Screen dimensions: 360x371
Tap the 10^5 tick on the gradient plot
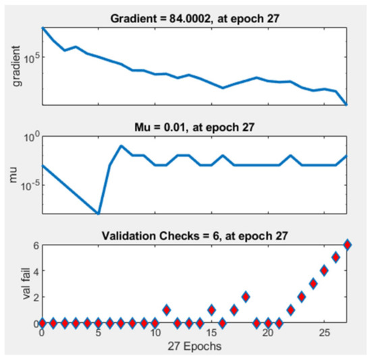pyautogui.click(x=28, y=57)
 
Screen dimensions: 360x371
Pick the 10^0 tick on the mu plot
pyautogui.click(x=30, y=138)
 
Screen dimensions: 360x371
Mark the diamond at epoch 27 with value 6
pyautogui.click(x=347, y=244)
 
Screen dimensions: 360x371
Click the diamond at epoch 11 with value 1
pyautogui.click(x=167, y=310)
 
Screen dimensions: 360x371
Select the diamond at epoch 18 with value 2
pyautogui.click(x=246, y=297)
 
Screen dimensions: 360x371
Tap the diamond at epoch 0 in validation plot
pyautogui.click(x=42, y=323)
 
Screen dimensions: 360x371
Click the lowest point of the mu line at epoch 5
pyautogui.click(x=98, y=213)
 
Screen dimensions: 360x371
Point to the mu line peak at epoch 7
pyautogui.click(x=121, y=146)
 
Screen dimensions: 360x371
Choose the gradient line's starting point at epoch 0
pyautogui.click(x=42, y=28)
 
